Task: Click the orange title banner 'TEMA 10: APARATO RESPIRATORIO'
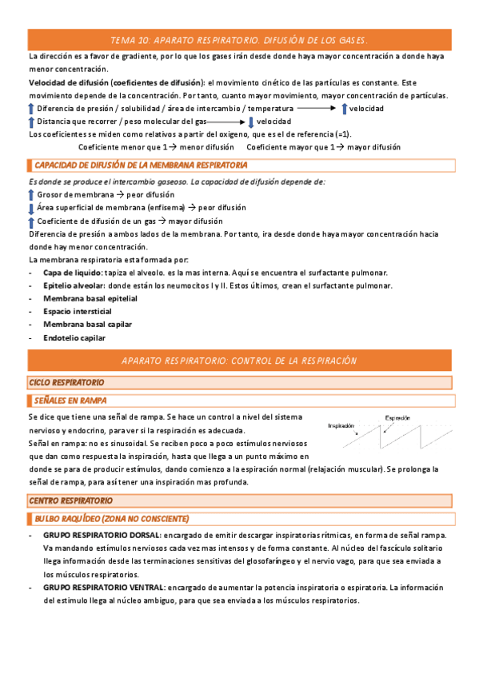(x=239, y=40)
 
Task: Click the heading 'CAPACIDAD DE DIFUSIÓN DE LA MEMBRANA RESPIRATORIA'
(x=140, y=166)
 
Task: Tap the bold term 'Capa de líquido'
(x=72, y=273)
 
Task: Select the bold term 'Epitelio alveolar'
(x=74, y=285)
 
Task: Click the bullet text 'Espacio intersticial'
(x=78, y=311)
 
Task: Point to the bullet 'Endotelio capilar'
(x=74, y=337)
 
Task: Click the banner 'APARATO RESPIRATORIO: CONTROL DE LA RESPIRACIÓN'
(x=239, y=361)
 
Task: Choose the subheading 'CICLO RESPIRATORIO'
(x=67, y=383)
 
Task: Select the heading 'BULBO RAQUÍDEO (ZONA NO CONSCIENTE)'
(x=112, y=518)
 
